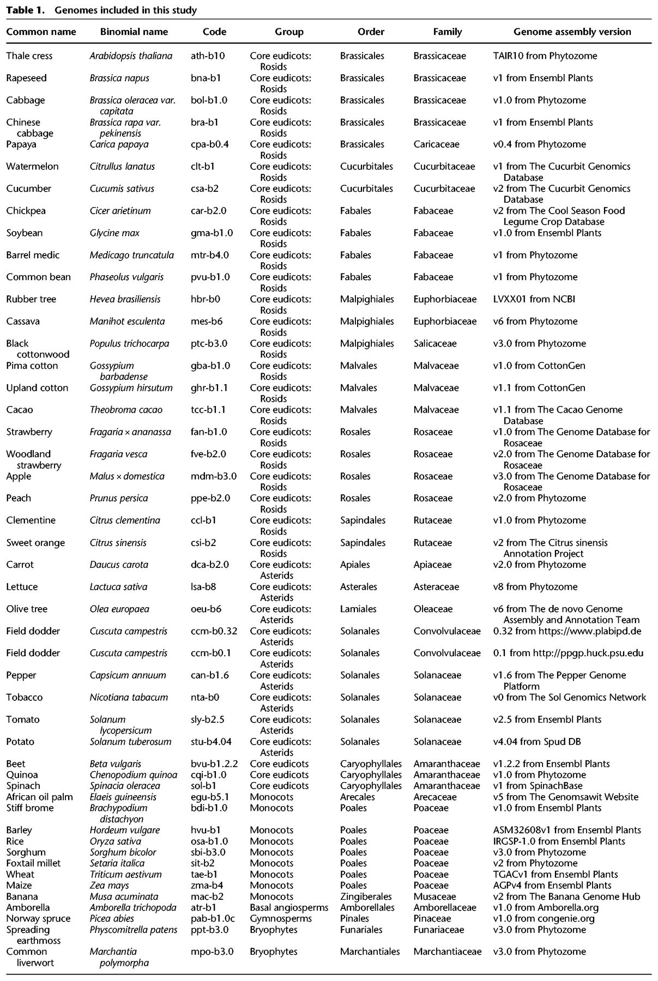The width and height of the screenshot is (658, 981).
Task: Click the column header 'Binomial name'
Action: point(134,32)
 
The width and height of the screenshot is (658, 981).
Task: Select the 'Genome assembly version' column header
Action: point(572,32)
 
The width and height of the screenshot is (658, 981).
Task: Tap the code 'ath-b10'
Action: point(208,56)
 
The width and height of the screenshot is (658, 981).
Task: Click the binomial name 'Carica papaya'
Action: point(119,144)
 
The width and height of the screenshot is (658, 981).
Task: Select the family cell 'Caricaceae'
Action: point(436,144)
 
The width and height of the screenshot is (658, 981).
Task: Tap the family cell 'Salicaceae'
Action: point(435,344)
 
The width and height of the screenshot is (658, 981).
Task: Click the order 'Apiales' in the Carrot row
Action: point(356,565)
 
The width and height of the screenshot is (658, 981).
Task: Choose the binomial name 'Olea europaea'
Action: point(119,609)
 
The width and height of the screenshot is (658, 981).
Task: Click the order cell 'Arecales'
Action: point(358,797)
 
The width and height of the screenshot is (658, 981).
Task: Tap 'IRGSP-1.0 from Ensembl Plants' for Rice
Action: point(559,841)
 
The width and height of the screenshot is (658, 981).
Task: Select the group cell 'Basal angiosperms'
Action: point(289,908)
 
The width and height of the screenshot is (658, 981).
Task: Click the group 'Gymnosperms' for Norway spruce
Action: point(281,919)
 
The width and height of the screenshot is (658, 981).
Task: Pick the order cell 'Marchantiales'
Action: point(370,952)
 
